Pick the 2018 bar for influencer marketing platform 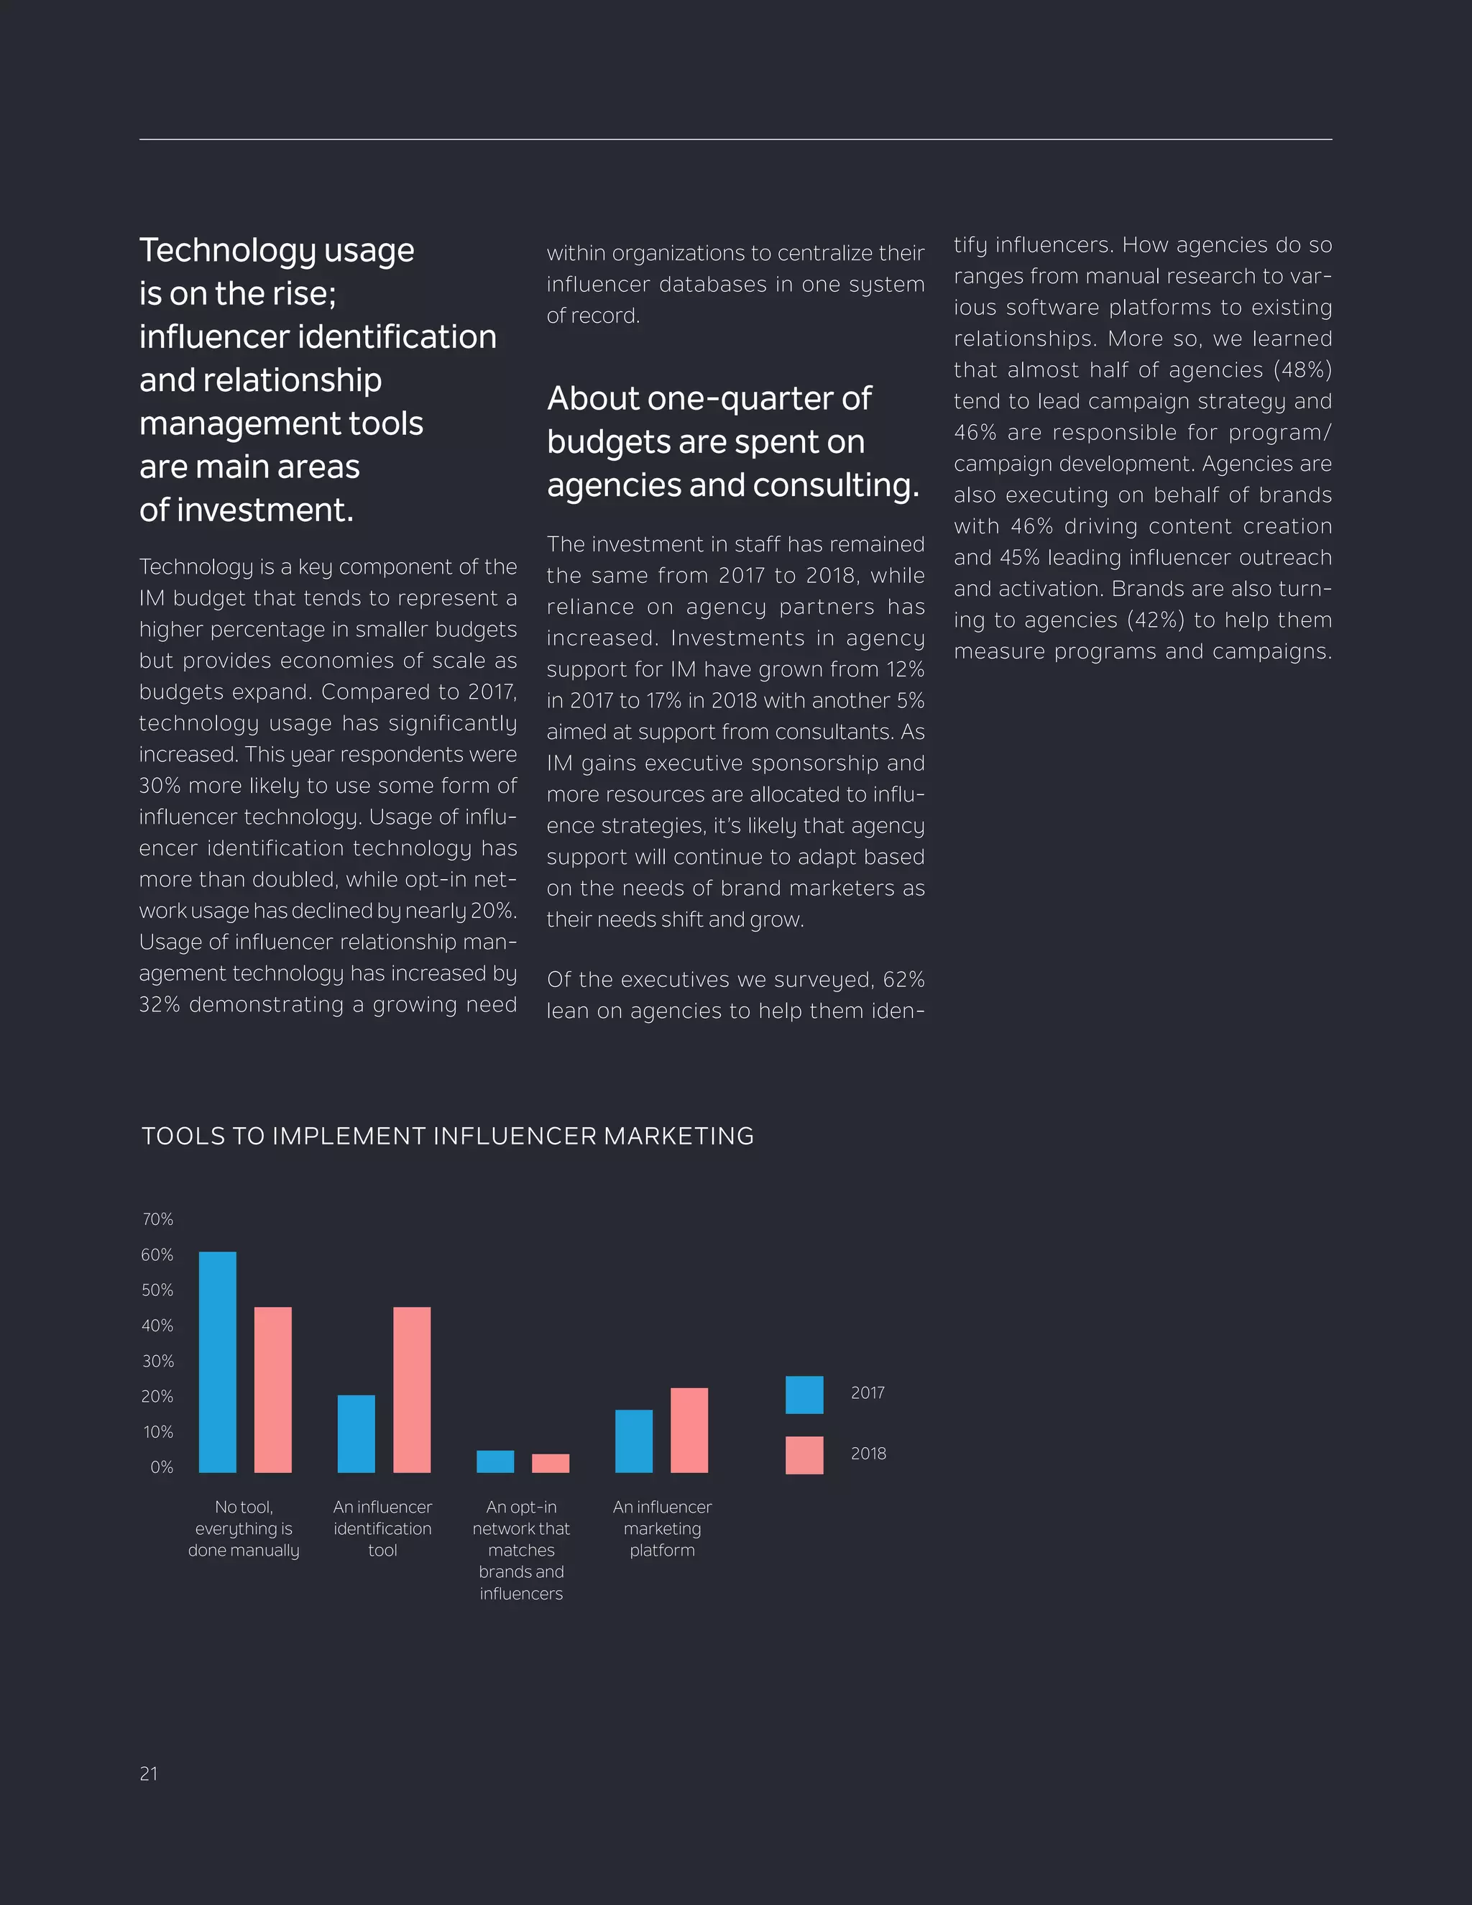point(689,1430)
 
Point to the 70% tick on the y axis point(158,1219)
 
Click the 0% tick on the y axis point(161,1467)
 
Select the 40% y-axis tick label point(158,1326)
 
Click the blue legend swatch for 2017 point(804,1395)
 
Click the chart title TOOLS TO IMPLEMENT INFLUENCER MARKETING point(447,1137)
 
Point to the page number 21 point(148,1773)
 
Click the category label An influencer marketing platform point(662,1528)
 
